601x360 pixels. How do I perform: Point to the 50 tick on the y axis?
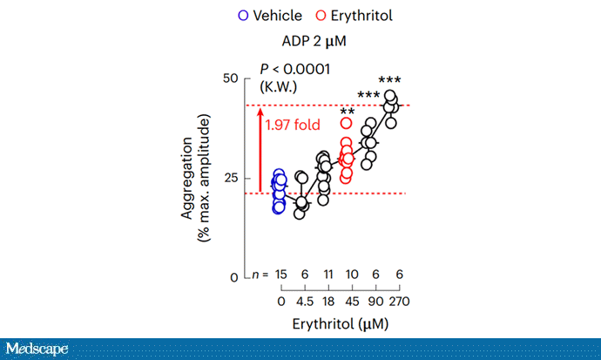(x=231, y=78)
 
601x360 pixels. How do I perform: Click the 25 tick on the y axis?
(x=231, y=178)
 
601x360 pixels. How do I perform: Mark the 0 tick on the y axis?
(x=234, y=276)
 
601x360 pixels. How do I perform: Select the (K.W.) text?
(x=280, y=85)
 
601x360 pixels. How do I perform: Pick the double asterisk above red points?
(x=347, y=112)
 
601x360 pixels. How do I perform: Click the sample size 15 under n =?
(x=280, y=275)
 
